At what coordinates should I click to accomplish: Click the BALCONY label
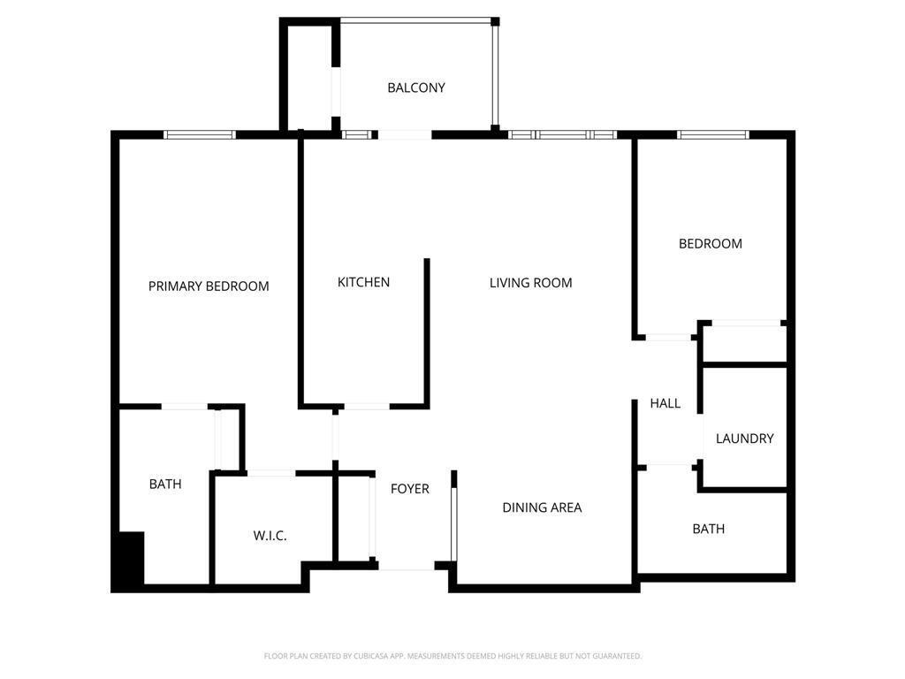(415, 88)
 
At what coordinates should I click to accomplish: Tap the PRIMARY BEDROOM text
(209, 286)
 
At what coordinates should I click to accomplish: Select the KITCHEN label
(363, 282)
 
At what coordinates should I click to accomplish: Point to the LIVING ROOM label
(530, 283)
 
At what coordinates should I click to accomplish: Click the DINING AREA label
(542, 507)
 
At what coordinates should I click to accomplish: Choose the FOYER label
(409, 488)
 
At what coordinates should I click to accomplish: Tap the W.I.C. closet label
(270, 536)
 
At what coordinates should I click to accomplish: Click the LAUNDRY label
(744, 439)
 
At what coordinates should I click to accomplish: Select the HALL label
(665, 403)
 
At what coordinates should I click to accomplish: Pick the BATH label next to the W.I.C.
(165, 484)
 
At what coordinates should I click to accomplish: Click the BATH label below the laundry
(708, 529)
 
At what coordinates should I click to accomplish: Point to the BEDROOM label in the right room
(710, 243)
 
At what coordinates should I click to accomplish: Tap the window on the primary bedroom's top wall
(200, 134)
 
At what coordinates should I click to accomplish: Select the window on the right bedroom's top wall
(712, 134)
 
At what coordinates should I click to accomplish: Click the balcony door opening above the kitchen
(404, 134)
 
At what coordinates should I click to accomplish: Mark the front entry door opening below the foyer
(407, 566)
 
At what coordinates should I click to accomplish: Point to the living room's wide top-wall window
(562, 134)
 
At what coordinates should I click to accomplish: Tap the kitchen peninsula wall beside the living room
(427, 332)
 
